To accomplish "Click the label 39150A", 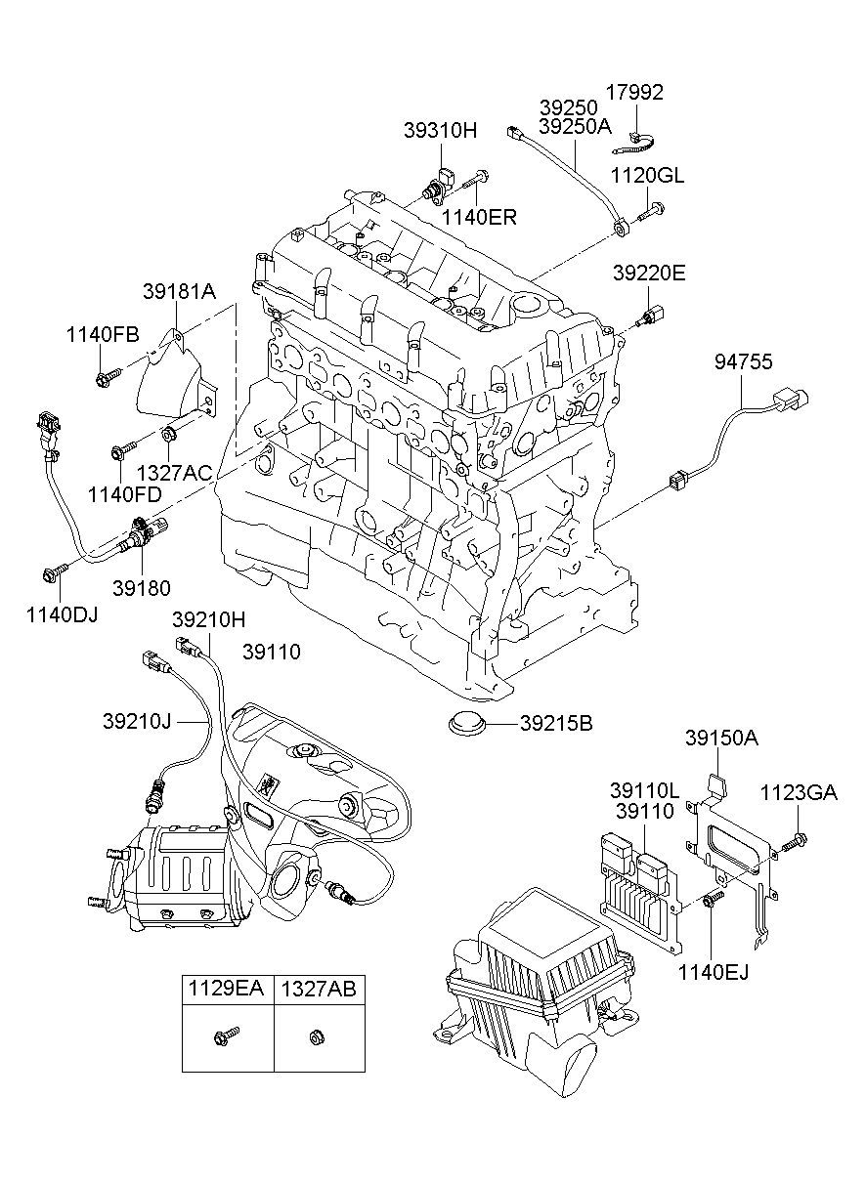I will (721, 738).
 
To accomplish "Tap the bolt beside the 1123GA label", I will (797, 839).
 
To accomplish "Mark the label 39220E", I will (649, 274).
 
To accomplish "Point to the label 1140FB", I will (103, 334).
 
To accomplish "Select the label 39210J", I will (137, 721).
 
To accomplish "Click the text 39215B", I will (555, 724).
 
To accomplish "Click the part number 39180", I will (141, 588).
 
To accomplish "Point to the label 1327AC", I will (174, 473).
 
